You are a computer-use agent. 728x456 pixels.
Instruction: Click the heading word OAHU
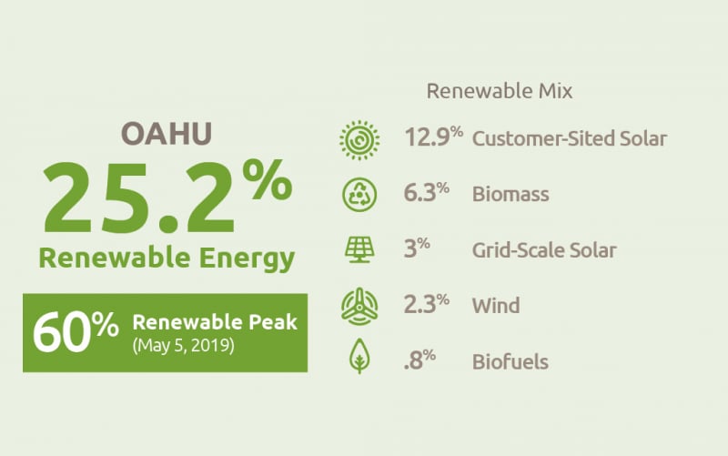[167, 134]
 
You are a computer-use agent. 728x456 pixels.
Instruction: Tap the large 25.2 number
[138, 198]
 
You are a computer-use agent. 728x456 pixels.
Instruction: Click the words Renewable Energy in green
[167, 258]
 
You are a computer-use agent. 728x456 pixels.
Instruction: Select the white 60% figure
[76, 332]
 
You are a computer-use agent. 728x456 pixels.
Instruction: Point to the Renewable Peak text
[215, 322]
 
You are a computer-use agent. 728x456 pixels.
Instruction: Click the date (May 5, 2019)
[184, 346]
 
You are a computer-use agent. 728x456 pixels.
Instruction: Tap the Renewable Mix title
[500, 91]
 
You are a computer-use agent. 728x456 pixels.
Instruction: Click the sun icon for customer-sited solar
[359, 140]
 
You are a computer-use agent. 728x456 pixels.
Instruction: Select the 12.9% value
[434, 137]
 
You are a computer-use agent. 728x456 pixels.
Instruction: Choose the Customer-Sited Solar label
[570, 139]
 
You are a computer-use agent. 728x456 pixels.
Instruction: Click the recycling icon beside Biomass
[359, 195]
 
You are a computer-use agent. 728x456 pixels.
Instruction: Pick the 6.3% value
[426, 193]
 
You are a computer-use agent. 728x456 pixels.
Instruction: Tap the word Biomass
[511, 194]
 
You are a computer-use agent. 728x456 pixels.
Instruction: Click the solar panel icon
[359, 249]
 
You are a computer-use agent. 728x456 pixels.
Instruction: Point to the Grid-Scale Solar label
[544, 250]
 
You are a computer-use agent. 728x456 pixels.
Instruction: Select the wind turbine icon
[359, 306]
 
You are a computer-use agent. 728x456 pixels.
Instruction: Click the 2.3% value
[426, 304]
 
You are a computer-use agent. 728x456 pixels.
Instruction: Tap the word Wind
[496, 306]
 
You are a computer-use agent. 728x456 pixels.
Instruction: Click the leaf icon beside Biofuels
[359, 356]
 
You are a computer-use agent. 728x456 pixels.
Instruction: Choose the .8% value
[420, 360]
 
